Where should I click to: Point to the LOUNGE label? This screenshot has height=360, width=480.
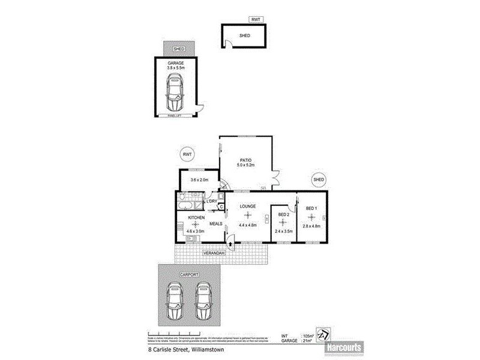point(248,206)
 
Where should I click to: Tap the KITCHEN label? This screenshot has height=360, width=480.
point(197,217)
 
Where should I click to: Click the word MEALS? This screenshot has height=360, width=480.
point(217,223)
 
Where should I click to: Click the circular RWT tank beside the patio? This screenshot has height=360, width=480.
point(188,155)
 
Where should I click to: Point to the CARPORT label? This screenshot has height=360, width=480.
point(188,274)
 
